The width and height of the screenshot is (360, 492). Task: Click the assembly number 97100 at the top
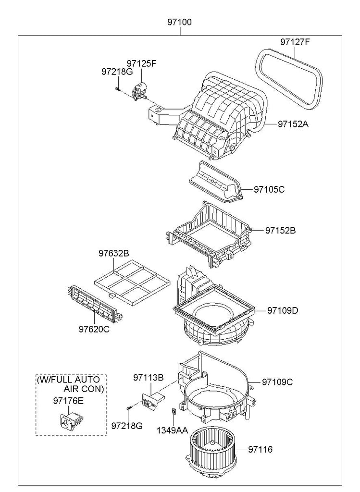180,22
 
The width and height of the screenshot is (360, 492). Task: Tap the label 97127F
295,42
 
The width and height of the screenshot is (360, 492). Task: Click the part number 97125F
142,63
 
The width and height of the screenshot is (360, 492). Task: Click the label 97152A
293,124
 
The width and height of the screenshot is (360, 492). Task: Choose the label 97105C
270,189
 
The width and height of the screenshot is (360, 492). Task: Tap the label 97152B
281,230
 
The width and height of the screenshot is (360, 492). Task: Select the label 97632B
114,253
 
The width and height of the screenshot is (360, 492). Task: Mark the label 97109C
277,382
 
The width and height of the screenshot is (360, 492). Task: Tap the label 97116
261,450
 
